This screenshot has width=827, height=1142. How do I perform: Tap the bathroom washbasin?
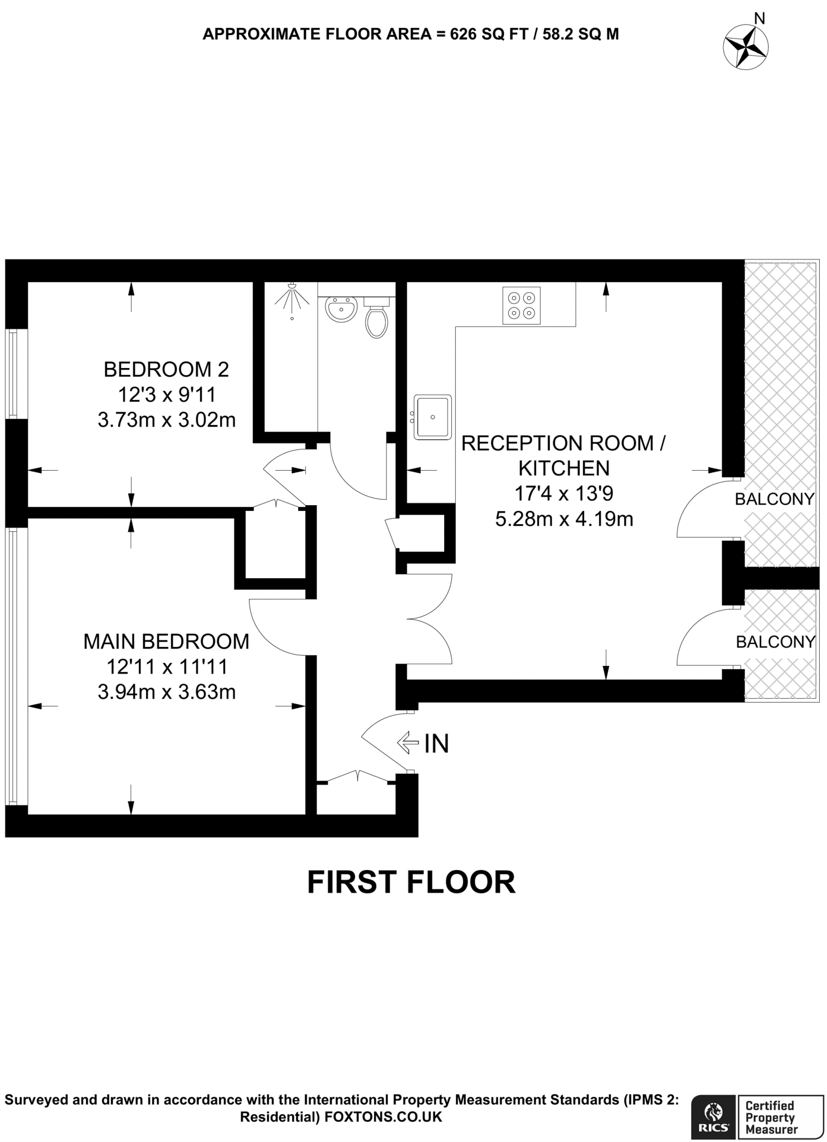pos(341,308)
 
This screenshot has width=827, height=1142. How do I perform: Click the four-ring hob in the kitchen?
pos(521,305)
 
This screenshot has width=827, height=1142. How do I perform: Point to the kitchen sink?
pos(432,417)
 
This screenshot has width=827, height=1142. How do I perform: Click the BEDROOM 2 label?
pos(166,369)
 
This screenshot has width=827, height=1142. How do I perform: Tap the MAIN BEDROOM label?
pos(166,641)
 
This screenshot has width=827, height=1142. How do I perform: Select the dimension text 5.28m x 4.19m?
pos(564,519)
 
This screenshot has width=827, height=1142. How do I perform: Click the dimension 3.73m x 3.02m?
pos(166,420)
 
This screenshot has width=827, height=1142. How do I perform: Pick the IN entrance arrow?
pos(408,742)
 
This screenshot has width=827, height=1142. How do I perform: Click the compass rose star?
pos(746,47)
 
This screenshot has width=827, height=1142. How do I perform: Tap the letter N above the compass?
pos(759,18)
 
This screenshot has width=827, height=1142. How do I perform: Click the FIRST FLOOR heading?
pos(411,882)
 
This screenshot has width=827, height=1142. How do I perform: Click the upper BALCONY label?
pos(774,499)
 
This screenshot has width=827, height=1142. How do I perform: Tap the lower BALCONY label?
pos(775,642)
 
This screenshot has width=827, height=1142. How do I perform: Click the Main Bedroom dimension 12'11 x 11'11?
pos(166,667)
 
